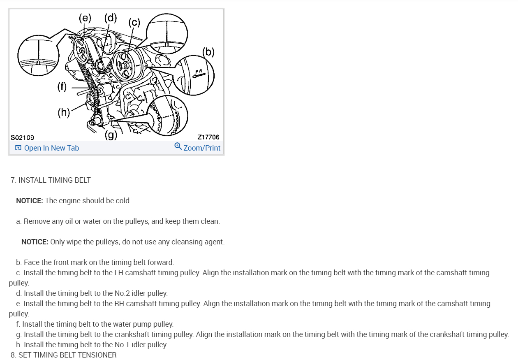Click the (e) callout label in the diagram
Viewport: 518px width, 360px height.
[x=85, y=18]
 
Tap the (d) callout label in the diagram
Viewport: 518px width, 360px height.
[x=110, y=18]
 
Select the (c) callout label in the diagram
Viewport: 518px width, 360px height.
[x=134, y=22]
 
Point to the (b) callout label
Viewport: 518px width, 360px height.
[x=209, y=52]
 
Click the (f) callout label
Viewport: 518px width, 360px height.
[x=62, y=87]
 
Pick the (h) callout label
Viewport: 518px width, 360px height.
[x=64, y=112]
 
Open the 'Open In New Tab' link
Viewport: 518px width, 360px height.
[x=51, y=148]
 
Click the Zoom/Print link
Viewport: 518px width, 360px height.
[x=202, y=148]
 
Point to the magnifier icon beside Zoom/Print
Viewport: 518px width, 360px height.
[x=178, y=146]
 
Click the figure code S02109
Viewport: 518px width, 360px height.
[x=22, y=137]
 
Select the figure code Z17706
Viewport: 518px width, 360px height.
[x=208, y=137]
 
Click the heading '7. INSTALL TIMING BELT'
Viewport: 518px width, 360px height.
[x=51, y=180]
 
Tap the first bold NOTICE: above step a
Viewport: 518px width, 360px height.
[x=29, y=201]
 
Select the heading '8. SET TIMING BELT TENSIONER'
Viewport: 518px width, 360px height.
[x=64, y=355]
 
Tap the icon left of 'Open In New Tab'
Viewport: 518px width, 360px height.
[x=18, y=148]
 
